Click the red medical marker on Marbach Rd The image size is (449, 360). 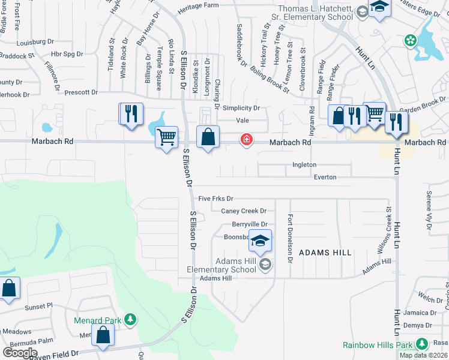click(x=246, y=140)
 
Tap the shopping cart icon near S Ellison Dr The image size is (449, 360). click(x=166, y=137)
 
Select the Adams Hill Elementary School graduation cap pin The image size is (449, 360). click(x=260, y=242)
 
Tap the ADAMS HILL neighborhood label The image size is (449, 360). click(x=325, y=253)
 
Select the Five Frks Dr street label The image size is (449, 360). click(x=215, y=198)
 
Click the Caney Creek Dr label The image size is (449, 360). click(x=244, y=211)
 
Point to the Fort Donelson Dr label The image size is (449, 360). click(x=290, y=239)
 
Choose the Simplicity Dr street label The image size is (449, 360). click(x=241, y=109)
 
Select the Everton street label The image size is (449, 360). click(x=325, y=177)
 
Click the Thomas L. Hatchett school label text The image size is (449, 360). click(x=315, y=13)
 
